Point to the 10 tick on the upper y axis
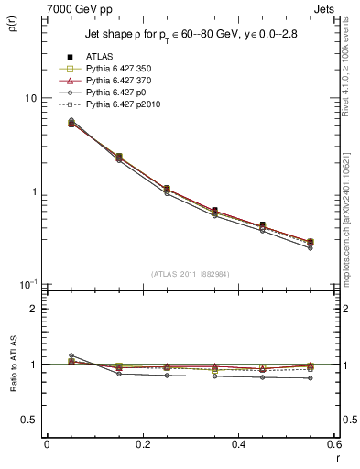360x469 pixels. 30,98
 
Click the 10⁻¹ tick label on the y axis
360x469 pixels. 28,284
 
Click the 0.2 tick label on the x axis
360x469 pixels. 142,444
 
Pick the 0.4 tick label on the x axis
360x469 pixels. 238,444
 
